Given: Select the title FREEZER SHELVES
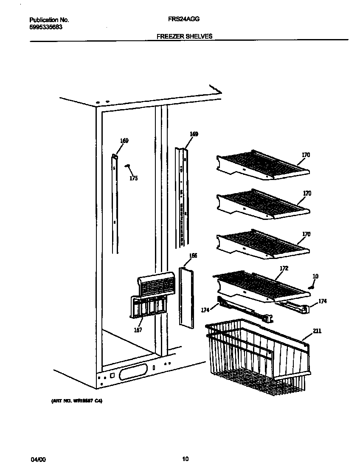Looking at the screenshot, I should tap(184, 37).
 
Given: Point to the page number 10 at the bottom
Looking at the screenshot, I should tap(185, 459).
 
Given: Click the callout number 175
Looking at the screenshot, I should tap(133, 178).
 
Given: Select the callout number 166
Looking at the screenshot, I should tap(193, 256).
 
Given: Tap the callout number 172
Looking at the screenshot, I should tap(284, 268).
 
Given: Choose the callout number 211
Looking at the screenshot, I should tap(317, 331).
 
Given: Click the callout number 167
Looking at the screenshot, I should tap(138, 330).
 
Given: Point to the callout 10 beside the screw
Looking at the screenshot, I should tap(315, 276).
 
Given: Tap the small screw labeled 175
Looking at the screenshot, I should tap(127, 166).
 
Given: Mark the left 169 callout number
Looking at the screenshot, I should tap(124, 141).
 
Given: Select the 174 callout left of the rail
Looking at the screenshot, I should tap(205, 310).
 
